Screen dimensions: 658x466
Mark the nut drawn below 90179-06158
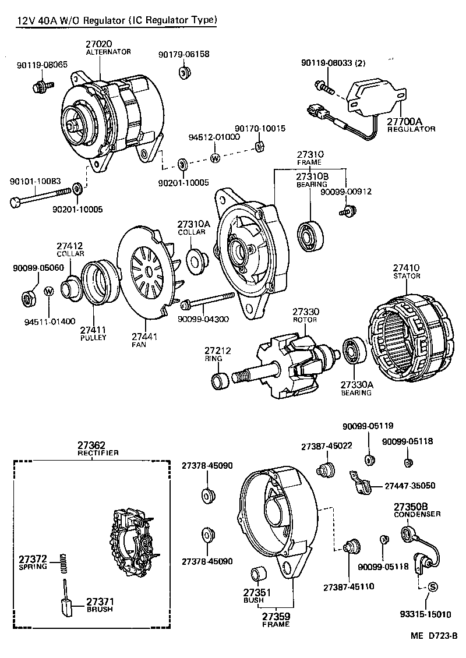point(182,73)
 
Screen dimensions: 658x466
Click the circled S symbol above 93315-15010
point(432,587)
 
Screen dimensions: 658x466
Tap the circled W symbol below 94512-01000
point(215,158)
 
